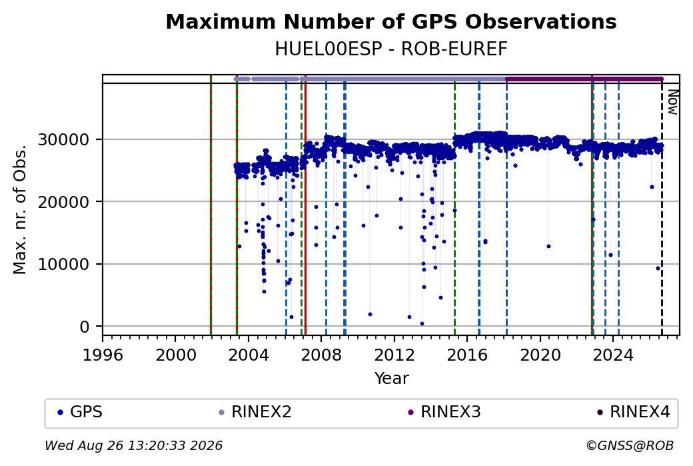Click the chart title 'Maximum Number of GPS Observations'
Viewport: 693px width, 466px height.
[391, 21]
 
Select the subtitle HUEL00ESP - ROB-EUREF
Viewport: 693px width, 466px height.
[391, 49]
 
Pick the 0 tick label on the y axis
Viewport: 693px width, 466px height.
[85, 327]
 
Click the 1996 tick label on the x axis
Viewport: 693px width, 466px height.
[103, 355]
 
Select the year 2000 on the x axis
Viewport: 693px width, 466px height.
[175, 355]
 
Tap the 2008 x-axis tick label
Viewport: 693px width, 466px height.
[321, 355]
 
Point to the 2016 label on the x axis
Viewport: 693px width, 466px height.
[467, 355]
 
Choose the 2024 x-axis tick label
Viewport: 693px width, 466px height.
[613, 355]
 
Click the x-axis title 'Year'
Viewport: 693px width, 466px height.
[392, 379]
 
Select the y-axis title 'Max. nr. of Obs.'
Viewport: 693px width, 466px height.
[20, 209]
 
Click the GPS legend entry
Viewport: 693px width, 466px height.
[81, 412]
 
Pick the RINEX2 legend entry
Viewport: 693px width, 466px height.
[255, 412]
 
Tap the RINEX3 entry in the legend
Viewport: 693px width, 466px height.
[444, 412]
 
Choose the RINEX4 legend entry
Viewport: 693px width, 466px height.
[634, 412]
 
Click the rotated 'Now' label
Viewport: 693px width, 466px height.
[672, 102]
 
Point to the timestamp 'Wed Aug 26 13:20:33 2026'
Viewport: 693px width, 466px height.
[134, 445]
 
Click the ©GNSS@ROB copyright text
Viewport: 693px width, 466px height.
[630, 445]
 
